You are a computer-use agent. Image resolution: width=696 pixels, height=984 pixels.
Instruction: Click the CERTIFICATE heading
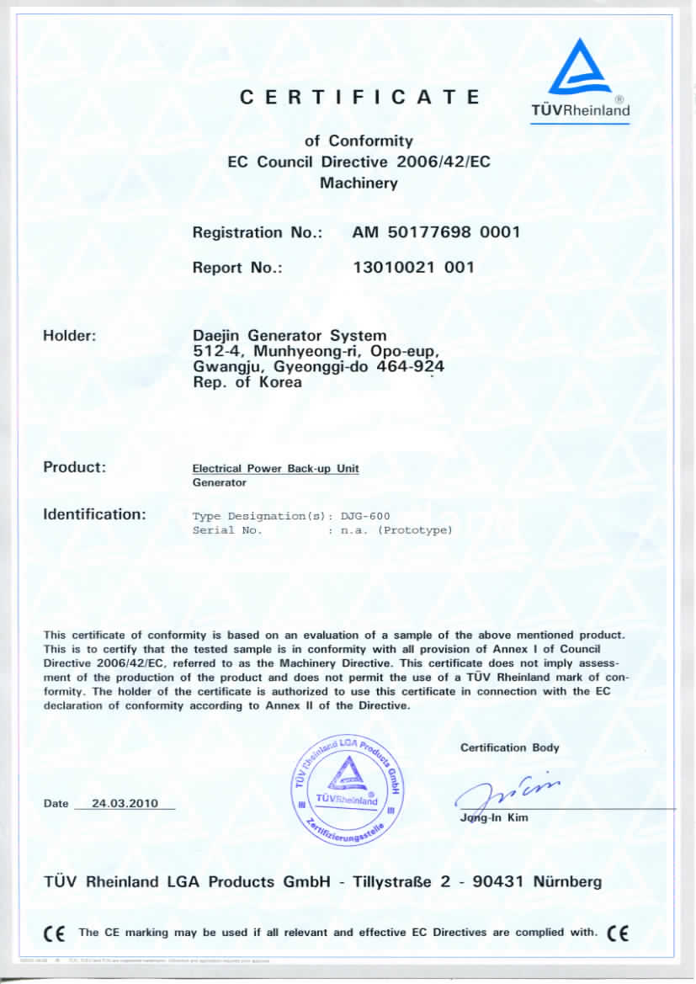(359, 97)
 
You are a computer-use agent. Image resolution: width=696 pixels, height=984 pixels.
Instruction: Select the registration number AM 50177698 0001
(436, 232)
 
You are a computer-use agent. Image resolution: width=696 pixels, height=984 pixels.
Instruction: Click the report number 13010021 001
(413, 268)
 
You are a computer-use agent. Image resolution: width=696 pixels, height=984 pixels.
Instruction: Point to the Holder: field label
(70, 336)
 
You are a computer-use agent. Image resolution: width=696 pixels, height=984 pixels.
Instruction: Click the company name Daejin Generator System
(290, 336)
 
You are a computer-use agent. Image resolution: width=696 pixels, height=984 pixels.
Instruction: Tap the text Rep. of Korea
(247, 382)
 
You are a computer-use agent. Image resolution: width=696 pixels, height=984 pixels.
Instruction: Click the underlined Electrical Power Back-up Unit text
(276, 468)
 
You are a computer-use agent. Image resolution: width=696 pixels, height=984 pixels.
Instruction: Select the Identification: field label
(94, 513)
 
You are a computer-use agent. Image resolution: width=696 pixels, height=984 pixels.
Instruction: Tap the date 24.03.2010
(124, 804)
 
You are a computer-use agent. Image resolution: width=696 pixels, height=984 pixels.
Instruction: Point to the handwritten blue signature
(505, 791)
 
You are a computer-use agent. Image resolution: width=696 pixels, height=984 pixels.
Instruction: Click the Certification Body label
(509, 747)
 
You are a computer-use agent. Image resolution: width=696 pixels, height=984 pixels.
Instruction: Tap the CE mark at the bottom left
(54, 933)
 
